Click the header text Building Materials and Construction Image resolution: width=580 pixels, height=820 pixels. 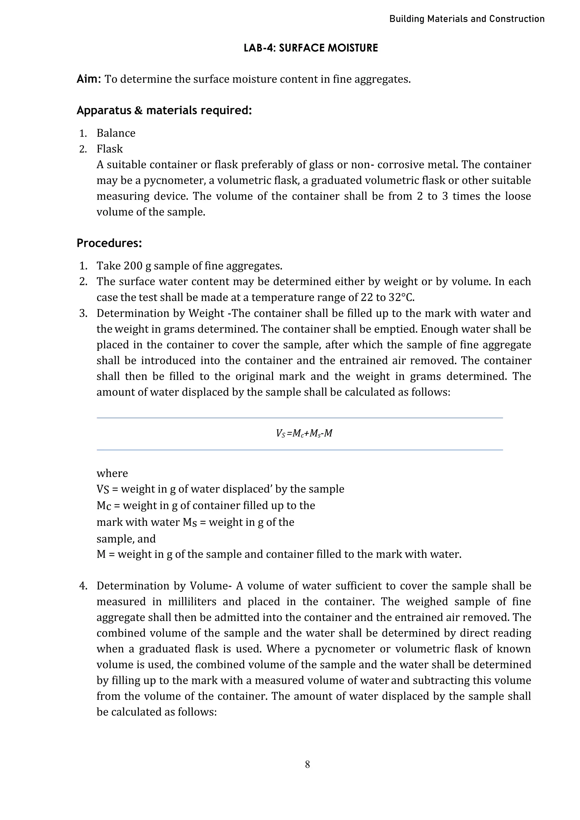466,19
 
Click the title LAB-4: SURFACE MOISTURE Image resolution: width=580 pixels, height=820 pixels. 310,48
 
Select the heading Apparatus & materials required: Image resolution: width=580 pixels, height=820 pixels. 164,111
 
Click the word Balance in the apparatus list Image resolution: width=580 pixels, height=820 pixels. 116,133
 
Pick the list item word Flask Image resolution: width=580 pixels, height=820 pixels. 109,149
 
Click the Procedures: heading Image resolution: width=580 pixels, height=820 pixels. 109,243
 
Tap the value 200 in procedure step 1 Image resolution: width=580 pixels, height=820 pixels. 133,266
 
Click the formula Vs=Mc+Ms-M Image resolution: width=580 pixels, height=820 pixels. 304,434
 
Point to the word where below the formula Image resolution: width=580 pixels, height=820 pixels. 112,474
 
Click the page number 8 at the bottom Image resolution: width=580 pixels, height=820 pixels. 307,765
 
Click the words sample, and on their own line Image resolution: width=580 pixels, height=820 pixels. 126,539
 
